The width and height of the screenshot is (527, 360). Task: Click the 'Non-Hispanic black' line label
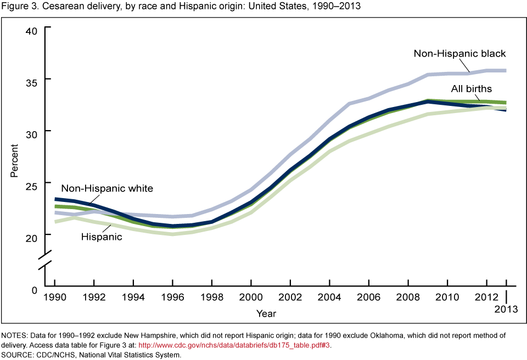[x=459, y=53]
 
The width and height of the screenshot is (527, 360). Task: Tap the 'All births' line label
[x=471, y=89]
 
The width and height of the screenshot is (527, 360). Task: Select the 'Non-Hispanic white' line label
[x=106, y=188]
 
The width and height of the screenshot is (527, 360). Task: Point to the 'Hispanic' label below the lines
[x=102, y=237]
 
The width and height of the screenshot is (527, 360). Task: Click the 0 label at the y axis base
[x=33, y=289]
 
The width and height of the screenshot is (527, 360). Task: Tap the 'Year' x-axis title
[x=266, y=313]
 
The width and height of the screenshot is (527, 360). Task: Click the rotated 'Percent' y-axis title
[x=15, y=160]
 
